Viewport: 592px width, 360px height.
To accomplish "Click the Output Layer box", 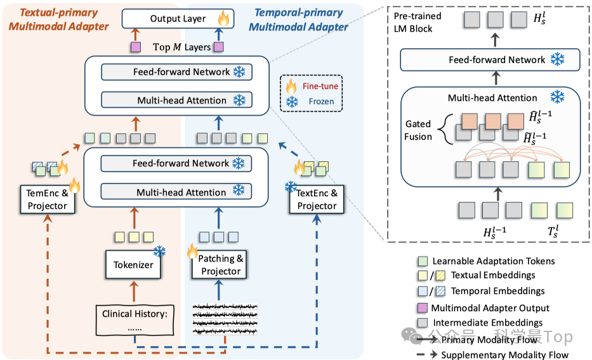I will coord(177,19).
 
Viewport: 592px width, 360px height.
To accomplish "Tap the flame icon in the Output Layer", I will coord(223,19).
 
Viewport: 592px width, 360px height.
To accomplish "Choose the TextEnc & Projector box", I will coord(317,200).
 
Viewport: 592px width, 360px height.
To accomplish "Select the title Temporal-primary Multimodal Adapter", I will coord(298,19).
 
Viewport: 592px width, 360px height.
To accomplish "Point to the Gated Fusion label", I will coord(418,131).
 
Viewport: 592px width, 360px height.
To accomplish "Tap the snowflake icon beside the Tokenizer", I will coord(159,253).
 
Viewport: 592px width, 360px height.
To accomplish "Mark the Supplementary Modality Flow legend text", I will coord(505,355).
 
